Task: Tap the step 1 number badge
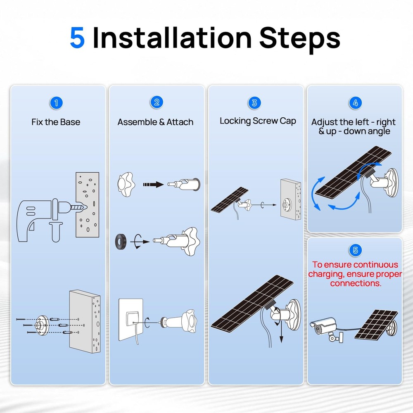(x=56, y=103)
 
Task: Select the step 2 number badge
(x=156, y=103)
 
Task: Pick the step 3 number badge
(x=255, y=103)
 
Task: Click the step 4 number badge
(x=355, y=103)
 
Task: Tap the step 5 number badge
(x=355, y=250)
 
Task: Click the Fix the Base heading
(x=56, y=122)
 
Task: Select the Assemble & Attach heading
(x=155, y=122)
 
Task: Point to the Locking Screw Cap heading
(x=258, y=121)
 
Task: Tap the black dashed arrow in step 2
(x=153, y=185)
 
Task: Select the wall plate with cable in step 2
(x=131, y=320)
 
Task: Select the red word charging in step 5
(x=326, y=274)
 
